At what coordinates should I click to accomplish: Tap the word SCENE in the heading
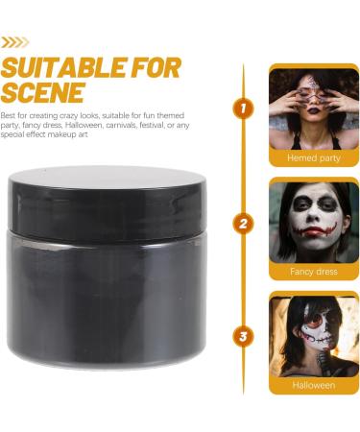coord(42,93)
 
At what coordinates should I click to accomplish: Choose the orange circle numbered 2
coord(244,226)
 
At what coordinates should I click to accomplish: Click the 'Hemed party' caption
coord(313,157)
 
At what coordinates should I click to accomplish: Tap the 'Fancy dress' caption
coord(313,272)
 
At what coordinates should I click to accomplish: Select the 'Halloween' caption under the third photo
coord(313,385)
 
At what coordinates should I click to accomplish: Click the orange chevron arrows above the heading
coord(15,41)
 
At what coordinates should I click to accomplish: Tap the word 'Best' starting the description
coord(10,114)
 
